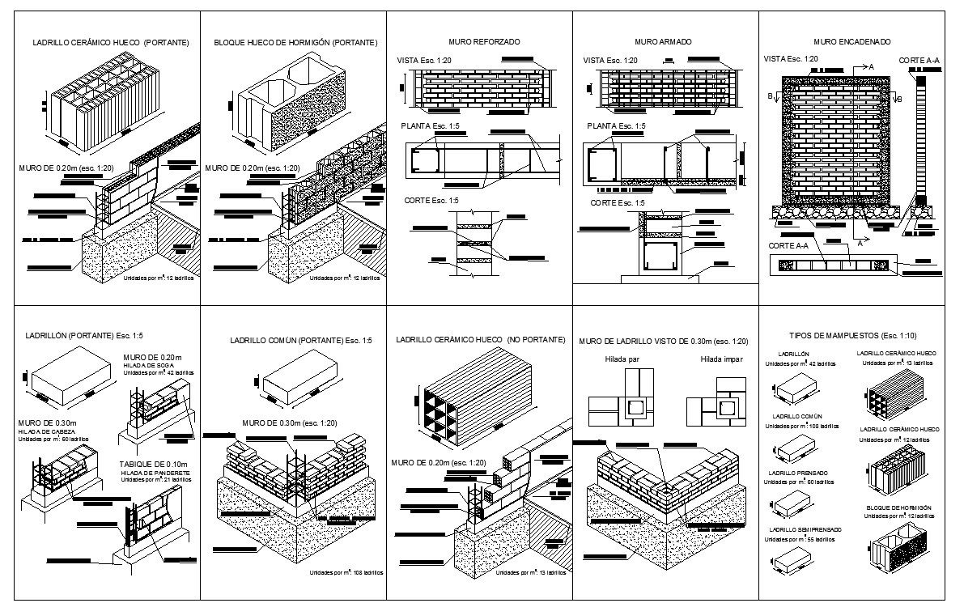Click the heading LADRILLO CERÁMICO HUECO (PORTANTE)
tap(110, 42)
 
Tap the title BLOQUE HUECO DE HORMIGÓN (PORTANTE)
tap(295, 42)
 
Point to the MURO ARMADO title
tap(664, 40)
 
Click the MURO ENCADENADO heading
tap(852, 40)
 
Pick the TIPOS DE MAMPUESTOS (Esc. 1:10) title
tap(858, 334)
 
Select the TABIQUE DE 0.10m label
tap(153, 465)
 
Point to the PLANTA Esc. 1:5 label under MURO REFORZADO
tap(432, 126)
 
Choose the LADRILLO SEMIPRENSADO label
tap(804, 530)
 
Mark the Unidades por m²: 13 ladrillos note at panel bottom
tap(531, 572)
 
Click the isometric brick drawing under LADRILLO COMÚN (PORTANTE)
tap(299, 380)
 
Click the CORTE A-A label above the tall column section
tap(919, 60)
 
